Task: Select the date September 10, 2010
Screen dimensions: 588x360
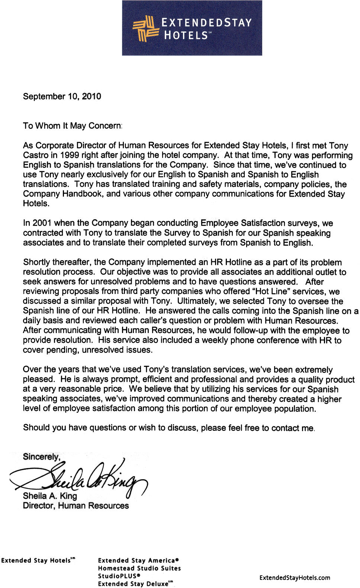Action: (62, 96)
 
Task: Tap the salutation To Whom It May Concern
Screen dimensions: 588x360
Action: (72, 126)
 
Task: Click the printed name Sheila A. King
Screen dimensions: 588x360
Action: (50, 496)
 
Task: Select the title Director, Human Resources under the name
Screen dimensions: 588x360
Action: (75, 505)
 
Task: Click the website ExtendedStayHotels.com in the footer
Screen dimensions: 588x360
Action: (295, 578)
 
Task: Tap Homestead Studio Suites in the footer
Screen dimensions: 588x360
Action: (139, 568)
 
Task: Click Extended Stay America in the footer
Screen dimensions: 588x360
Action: (138, 560)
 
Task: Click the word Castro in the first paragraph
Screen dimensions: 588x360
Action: (35, 155)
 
